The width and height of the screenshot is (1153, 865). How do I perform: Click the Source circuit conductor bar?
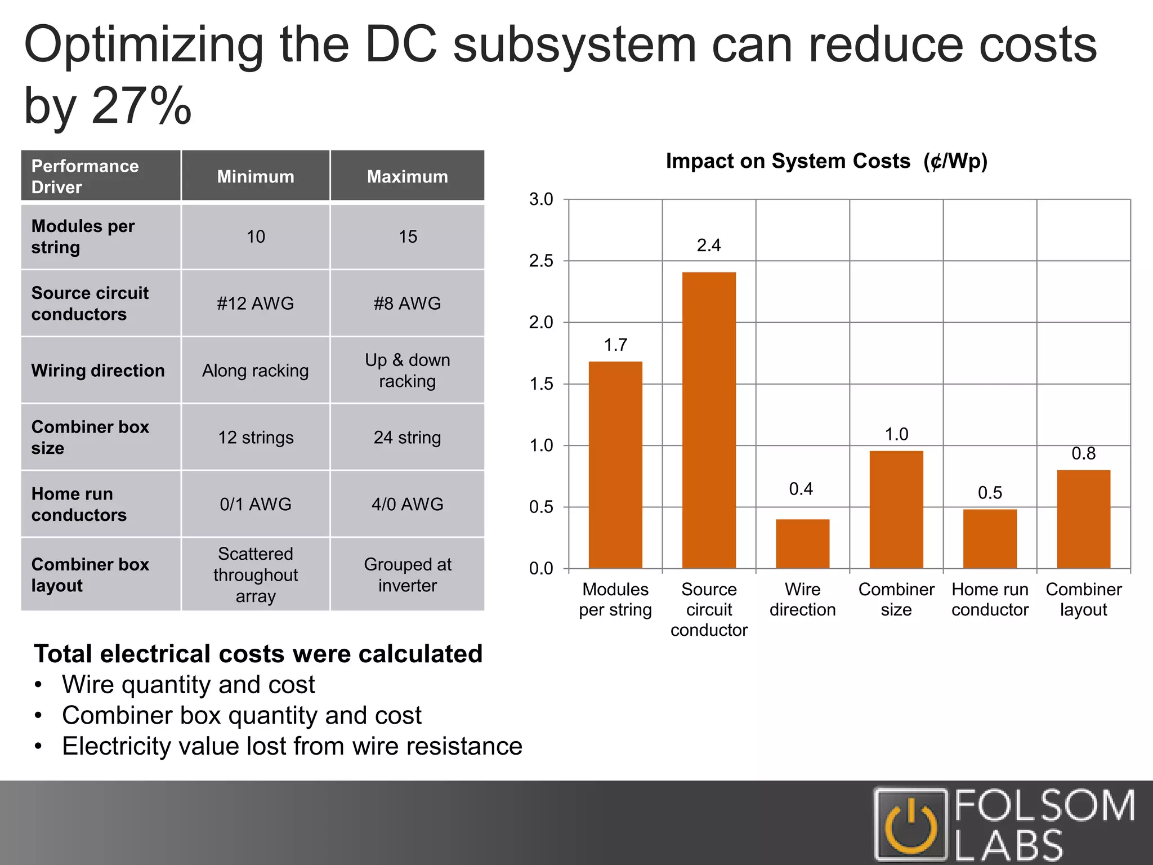(709, 420)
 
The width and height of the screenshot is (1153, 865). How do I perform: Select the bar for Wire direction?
(802, 543)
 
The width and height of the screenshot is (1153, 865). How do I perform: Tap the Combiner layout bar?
(1083, 519)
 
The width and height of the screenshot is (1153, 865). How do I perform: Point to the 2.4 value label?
(708, 246)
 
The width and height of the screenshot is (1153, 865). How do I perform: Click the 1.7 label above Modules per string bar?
(615, 345)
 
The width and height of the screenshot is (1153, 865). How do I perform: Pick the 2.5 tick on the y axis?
(541, 261)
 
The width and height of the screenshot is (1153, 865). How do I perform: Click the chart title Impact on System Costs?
(826, 162)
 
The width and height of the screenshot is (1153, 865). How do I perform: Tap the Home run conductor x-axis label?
(990, 599)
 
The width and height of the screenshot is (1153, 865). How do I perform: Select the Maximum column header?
(407, 176)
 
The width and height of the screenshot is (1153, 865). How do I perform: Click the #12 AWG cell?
(255, 304)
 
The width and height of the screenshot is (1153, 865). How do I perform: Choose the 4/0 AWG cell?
(407, 504)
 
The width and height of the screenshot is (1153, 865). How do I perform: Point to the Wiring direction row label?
(98, 371)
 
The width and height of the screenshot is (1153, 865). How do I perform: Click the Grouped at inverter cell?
(407, 575)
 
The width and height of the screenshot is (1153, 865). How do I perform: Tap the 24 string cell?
(407, 438)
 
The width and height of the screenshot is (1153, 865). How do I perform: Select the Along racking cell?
(255, 371)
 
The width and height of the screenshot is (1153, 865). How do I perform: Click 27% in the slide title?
(141, 106)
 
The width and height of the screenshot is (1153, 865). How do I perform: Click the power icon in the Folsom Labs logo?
(911, 826)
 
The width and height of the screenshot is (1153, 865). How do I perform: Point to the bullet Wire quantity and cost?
(188, 685)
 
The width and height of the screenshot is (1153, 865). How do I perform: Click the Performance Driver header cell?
(100, 176)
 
